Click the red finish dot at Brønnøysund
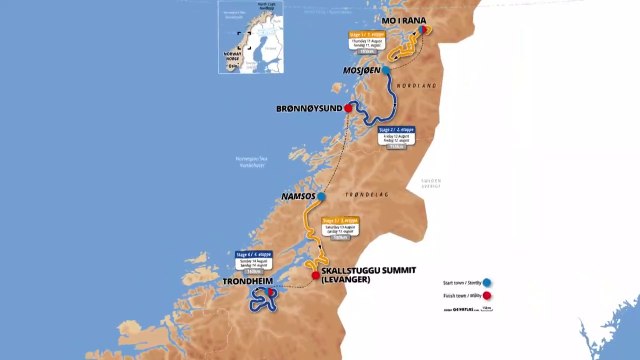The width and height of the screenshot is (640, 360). coord(348,107)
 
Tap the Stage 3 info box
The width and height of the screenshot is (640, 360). coord(338,231)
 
